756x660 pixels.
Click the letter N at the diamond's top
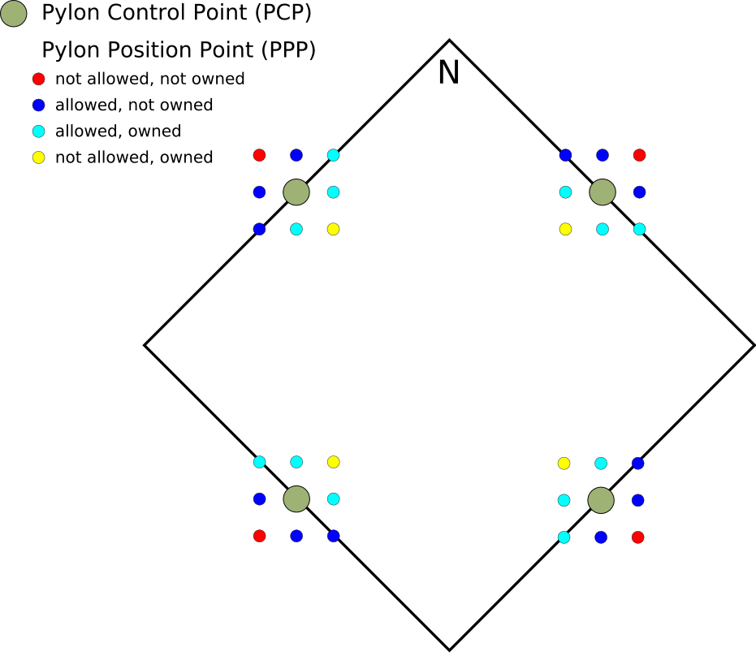coord(448,73)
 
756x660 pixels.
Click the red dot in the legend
coord(37,79)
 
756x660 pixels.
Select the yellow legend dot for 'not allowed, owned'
coord(37,157)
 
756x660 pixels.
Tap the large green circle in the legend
coord(14,13)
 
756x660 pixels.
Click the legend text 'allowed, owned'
coord(118,131)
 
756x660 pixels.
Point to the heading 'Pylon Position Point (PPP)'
coord(179,50)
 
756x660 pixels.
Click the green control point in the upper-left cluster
coord(296,192)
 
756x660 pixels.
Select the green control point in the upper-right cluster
coord(602,192)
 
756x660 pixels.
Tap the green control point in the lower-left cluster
coord(296,498)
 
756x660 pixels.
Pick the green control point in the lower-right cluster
coord(600,500)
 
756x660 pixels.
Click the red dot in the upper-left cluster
coord(259,155)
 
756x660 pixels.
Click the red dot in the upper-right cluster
coord(639,155)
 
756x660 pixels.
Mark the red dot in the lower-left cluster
coord(259,536)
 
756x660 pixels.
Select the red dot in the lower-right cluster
coord(637,537)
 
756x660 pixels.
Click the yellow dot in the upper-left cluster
coord(333,229)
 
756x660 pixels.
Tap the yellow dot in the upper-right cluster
coord(565,229)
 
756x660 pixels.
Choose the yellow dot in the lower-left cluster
coord(333,462)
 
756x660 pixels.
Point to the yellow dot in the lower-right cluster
coord(564,464)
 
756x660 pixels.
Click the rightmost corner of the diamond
coord(754,345)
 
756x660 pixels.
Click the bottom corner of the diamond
coord(449,649)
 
